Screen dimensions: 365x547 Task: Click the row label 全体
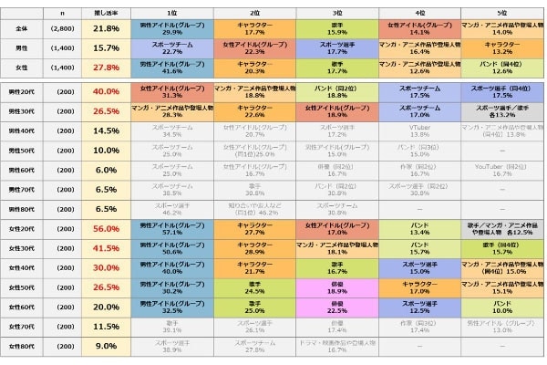[21, 28]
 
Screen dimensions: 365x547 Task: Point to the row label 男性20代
[21, 91]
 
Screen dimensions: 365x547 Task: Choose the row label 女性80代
[21, 346]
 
